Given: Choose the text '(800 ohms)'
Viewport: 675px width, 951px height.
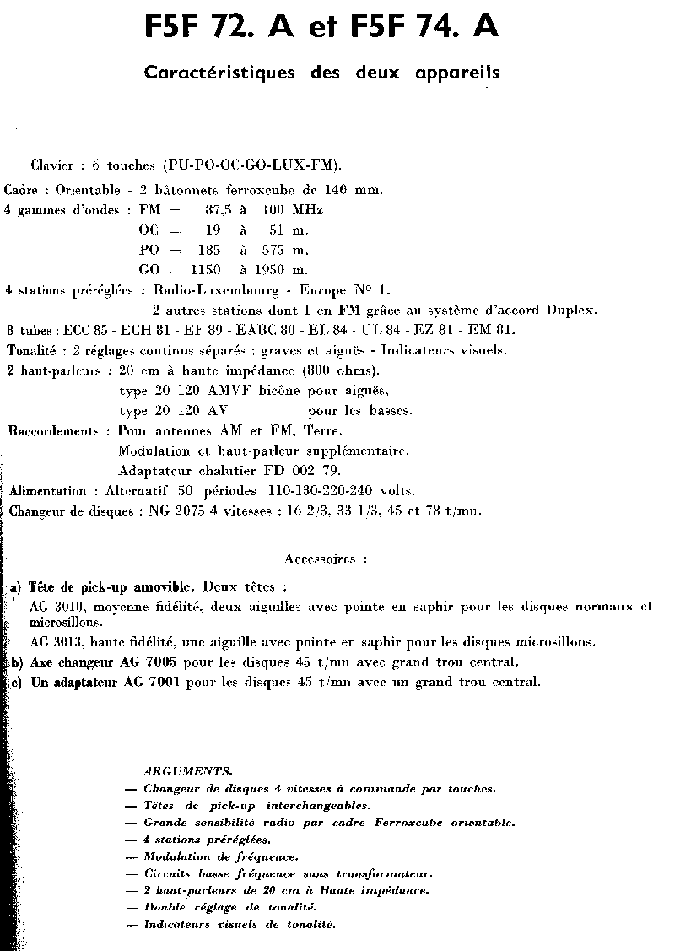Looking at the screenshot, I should point(338,370).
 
